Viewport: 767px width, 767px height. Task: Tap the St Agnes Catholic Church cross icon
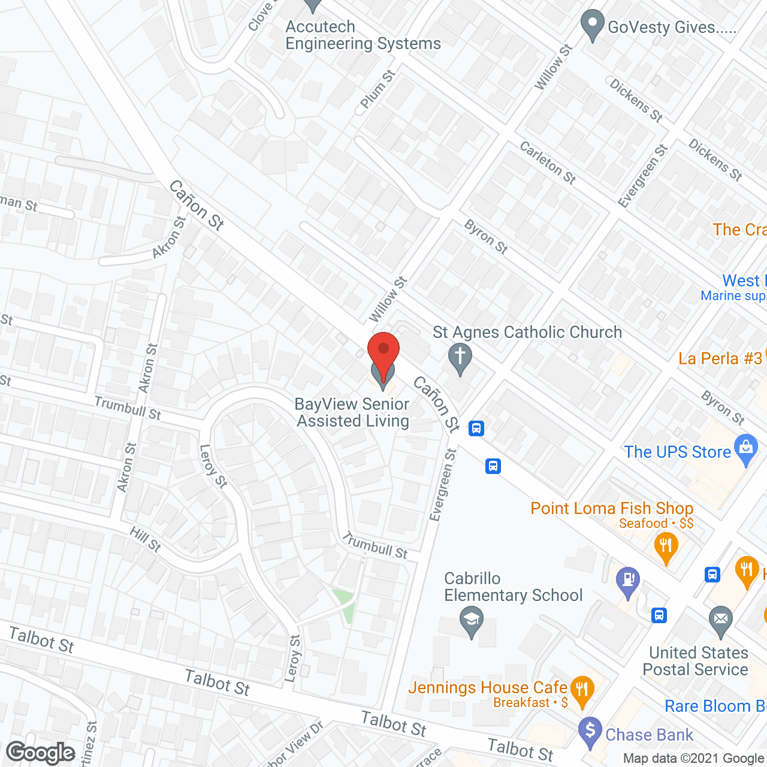tap(460, 358)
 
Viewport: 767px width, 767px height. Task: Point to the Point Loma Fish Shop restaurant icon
tap(666, 547)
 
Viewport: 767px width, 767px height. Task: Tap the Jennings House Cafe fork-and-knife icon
tap(581, 690)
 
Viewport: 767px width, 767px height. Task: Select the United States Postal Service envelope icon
tap(720, 620)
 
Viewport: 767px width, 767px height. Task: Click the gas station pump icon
tap(628, 581)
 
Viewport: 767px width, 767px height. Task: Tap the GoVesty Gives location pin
tap(593, 25)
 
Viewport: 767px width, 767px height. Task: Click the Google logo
tap(41, 753)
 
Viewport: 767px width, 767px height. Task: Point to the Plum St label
tap(378, 89)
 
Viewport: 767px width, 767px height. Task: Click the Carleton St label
tap(548, 162)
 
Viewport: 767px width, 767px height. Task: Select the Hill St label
tap(146, 539)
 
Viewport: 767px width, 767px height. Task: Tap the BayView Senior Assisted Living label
tap(353, 412)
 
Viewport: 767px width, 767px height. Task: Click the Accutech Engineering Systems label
tap(363, 35)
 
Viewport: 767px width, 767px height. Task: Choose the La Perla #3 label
tap(720, 358)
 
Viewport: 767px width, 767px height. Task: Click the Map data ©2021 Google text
tap(693, 759)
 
